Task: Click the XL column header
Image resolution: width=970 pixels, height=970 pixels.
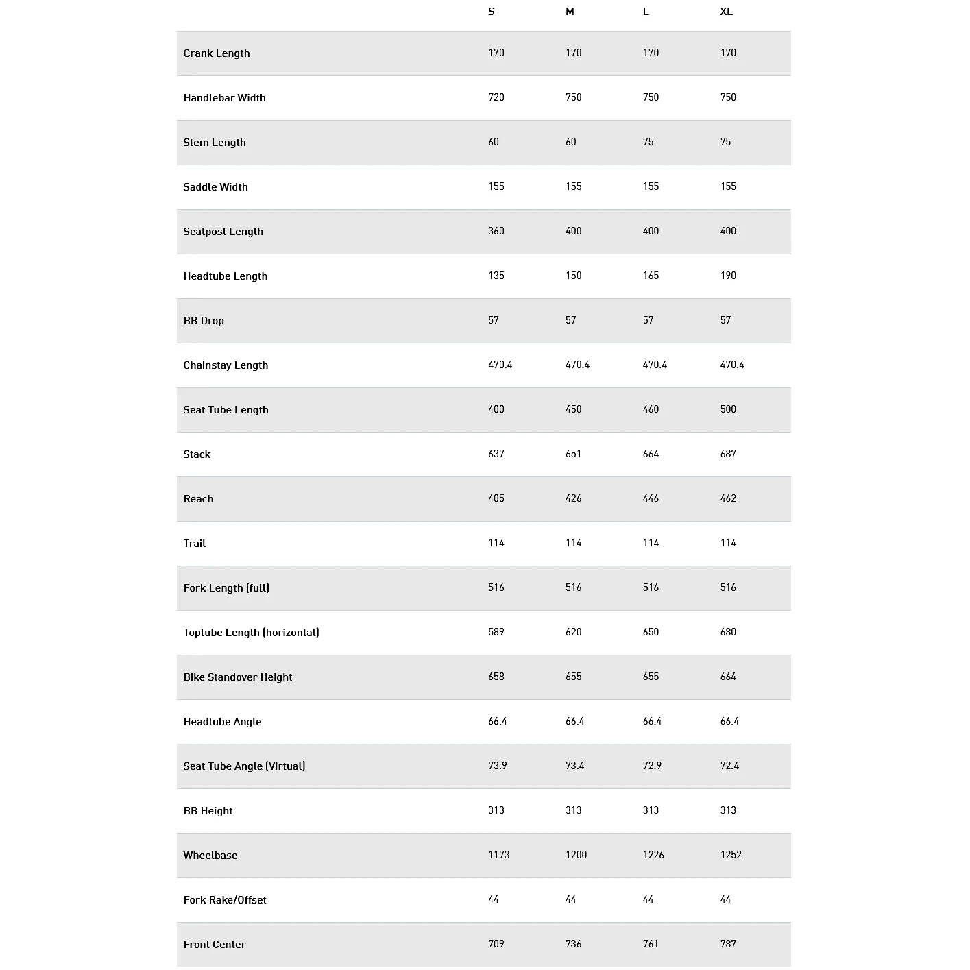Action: pos(726,12)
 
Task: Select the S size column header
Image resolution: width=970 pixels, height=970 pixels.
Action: pos(491,12)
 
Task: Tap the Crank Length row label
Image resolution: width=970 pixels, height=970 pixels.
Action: pos(217,53)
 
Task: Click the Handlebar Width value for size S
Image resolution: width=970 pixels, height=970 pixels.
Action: pos(496,97)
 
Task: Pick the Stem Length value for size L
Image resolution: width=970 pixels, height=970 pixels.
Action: pos(648,142)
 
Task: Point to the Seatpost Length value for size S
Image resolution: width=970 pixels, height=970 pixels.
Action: pos(496,231)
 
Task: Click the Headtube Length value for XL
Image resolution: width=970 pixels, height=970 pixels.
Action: pos(728,276)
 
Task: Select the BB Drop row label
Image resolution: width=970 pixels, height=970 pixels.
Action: pos(204,321)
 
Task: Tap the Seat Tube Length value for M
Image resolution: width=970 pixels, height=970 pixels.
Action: pos(574,409)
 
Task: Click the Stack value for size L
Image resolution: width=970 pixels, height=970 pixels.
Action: pos(651,454)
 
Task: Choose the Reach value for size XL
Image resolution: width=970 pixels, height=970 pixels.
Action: pos(728,498)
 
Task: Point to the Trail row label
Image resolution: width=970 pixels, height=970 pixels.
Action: pos(195,544)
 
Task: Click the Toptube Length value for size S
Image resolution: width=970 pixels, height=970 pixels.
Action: pos(496,632)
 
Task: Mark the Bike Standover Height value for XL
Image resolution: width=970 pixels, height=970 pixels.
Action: pos(728,677)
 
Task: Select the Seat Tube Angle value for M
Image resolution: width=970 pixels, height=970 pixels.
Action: pos(575,766)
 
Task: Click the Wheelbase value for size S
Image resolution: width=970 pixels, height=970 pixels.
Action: pos(499,855)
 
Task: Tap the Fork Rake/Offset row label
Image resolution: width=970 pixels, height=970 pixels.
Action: pos(225,900)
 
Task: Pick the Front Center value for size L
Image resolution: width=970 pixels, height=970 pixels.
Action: pos(651,944)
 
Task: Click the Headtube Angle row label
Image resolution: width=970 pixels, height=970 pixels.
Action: pos(222,722)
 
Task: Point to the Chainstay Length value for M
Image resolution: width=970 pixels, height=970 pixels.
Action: pos(578,365)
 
